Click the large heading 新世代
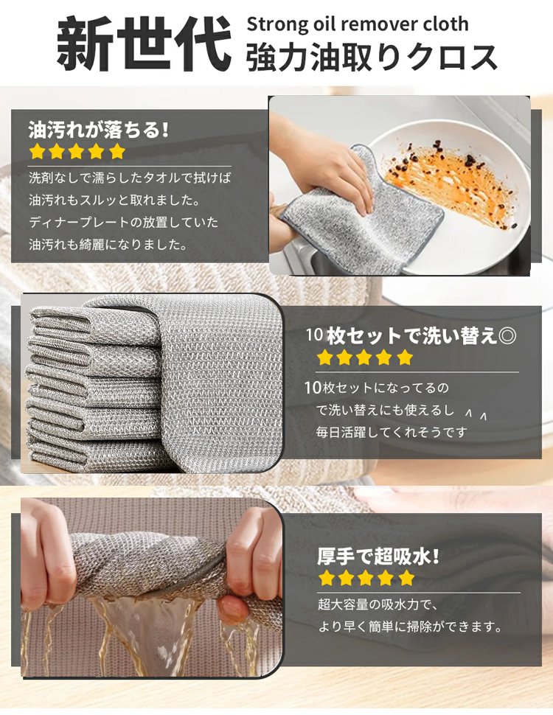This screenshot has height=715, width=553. [143, 43]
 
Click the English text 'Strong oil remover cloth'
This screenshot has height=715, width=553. [358, 24]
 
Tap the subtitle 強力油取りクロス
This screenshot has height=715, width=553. [372, 57]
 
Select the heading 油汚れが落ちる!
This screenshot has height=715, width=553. [99, 130]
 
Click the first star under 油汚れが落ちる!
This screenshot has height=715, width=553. [37, 151]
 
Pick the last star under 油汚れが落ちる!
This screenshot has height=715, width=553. [117, 151]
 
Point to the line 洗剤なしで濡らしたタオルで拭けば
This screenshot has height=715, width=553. [130, 178]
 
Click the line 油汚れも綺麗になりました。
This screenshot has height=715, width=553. [108, 245]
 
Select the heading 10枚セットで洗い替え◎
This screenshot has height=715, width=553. [411, 335]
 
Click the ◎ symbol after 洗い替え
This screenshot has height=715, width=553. [507, 336]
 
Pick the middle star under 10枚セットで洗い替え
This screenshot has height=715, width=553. [364, 357]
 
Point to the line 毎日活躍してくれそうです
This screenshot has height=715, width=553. [392, 432]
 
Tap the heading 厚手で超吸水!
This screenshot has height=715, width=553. [378, 557]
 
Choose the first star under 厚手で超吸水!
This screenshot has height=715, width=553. [326, 578]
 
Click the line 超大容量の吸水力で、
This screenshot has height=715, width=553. [378, 604]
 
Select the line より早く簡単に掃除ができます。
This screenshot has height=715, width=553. [410, 627]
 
